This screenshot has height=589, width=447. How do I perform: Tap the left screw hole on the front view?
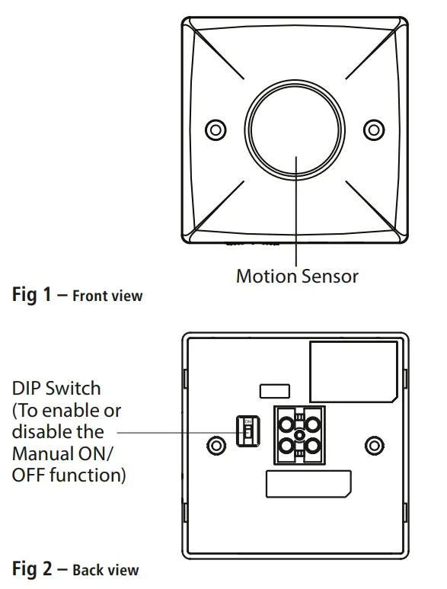point(215,128)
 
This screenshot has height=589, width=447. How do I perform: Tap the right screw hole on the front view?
point(373,128)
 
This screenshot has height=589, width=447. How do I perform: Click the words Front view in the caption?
point(107,296)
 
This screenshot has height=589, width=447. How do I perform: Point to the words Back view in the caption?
point(105,570)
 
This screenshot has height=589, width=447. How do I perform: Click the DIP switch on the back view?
point(245,433)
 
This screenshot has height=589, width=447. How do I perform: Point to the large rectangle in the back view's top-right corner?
point(353,371)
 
